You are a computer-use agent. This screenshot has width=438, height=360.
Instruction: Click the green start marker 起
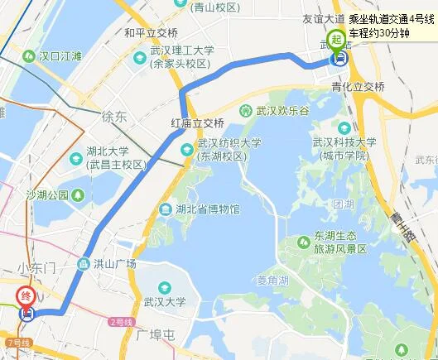tap(336, 38)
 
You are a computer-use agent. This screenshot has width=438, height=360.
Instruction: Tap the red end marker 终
tap(27, 295)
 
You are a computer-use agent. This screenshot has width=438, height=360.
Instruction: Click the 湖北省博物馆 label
tap(207, 209)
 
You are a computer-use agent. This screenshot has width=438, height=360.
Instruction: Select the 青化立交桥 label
tap(358, 86)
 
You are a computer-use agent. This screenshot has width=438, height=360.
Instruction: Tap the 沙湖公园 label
tap(47, 195)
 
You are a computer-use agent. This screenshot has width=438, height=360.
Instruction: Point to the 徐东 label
tap(113, 117)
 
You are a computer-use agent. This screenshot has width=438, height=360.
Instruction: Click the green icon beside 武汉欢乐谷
tap(245, 111)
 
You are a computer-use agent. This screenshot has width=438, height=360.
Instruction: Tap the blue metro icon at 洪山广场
tap(83, 264)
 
